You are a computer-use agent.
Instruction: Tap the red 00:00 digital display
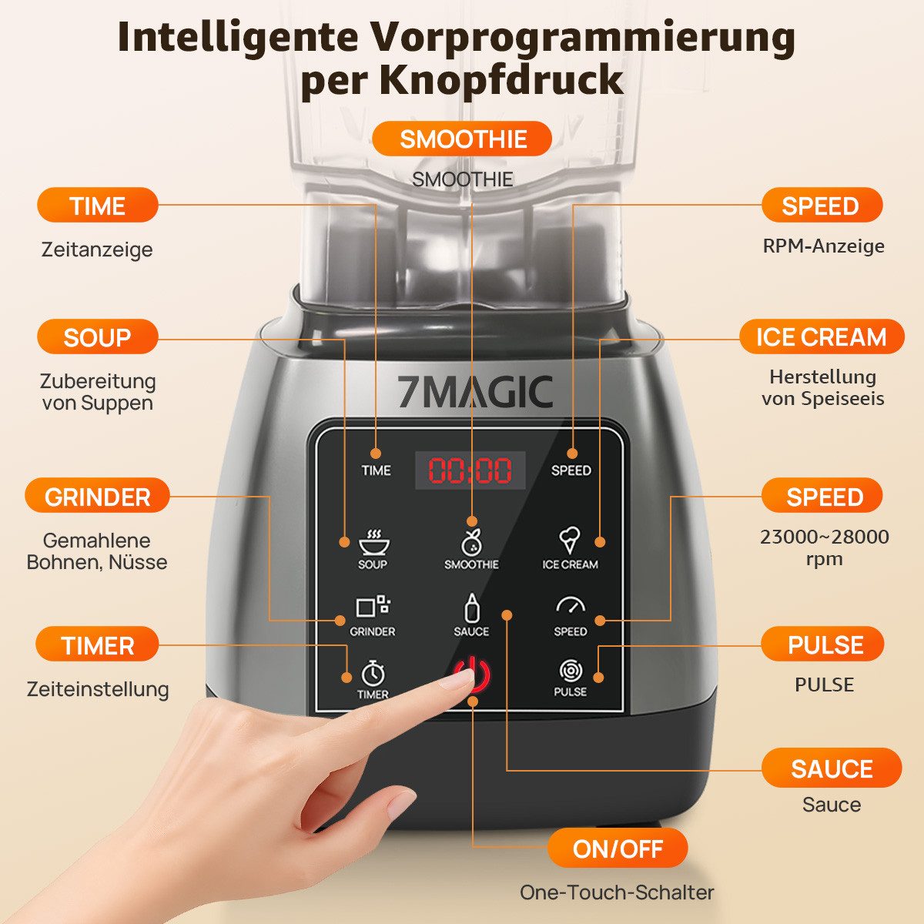[x=470, y=470]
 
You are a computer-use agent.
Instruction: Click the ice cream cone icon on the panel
[x=569, y=540]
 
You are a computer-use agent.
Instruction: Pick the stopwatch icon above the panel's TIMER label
[x=373, y=672]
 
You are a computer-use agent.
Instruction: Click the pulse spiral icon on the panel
[x=570, y=671]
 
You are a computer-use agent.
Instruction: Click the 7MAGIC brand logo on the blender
[x=475, y=392]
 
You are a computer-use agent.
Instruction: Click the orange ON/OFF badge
[x=618, y=849]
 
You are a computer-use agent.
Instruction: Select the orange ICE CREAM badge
[x=821, y=337]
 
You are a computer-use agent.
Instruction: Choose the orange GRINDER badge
[x=97, y=497]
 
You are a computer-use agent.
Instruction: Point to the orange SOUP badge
[x=97, y=337]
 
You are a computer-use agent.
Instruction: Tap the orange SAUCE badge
[x=831, y=768]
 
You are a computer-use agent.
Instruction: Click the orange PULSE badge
[x=824, y=644]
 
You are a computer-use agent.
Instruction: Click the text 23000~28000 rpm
[x=824, y=547]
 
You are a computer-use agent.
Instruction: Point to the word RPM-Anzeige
[x=823, y=246]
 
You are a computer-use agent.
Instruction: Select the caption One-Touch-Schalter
[x=617, y=892]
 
